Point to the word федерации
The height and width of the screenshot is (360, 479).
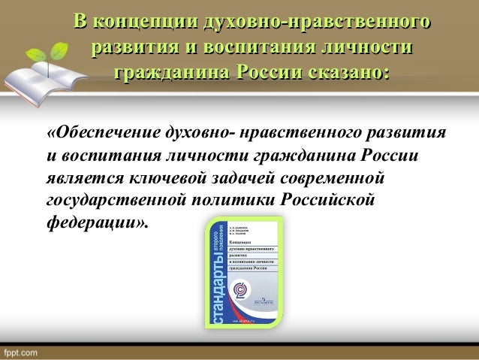pyautogui.click(x=95, y=224)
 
